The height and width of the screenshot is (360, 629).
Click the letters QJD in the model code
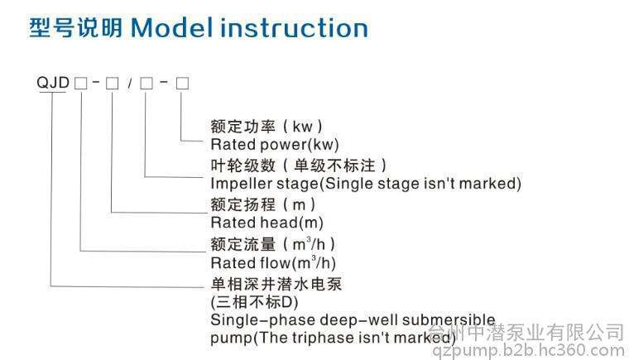click(x=53, y=83)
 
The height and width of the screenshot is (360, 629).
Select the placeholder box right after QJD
click(x=80, y=84)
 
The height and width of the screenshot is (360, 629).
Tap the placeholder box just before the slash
click(x=112, y=84)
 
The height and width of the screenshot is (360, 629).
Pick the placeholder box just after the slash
click(x=146, y=84)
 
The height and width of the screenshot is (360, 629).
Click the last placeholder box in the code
click(x=183, y=84)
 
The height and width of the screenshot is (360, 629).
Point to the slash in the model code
click(x=129, y=84)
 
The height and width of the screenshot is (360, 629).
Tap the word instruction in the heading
click(x=294, y=28)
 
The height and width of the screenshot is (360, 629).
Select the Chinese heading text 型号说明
click(x=76, y=28)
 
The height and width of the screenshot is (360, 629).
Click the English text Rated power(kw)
click(x=275, y=145)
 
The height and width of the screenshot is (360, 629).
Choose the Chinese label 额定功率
click(x=243, y=127)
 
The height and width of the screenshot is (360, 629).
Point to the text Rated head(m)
click(x=266, y=223)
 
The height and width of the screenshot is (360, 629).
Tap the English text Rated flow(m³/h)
click(x=273, y=262)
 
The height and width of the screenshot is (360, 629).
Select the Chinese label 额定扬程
click(x=243, y=204)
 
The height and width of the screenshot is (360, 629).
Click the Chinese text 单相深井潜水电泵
click(x=276, y=284)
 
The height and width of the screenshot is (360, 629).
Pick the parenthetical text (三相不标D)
click(x=254, y=302)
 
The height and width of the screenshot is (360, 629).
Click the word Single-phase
click(x=262, y=320)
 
